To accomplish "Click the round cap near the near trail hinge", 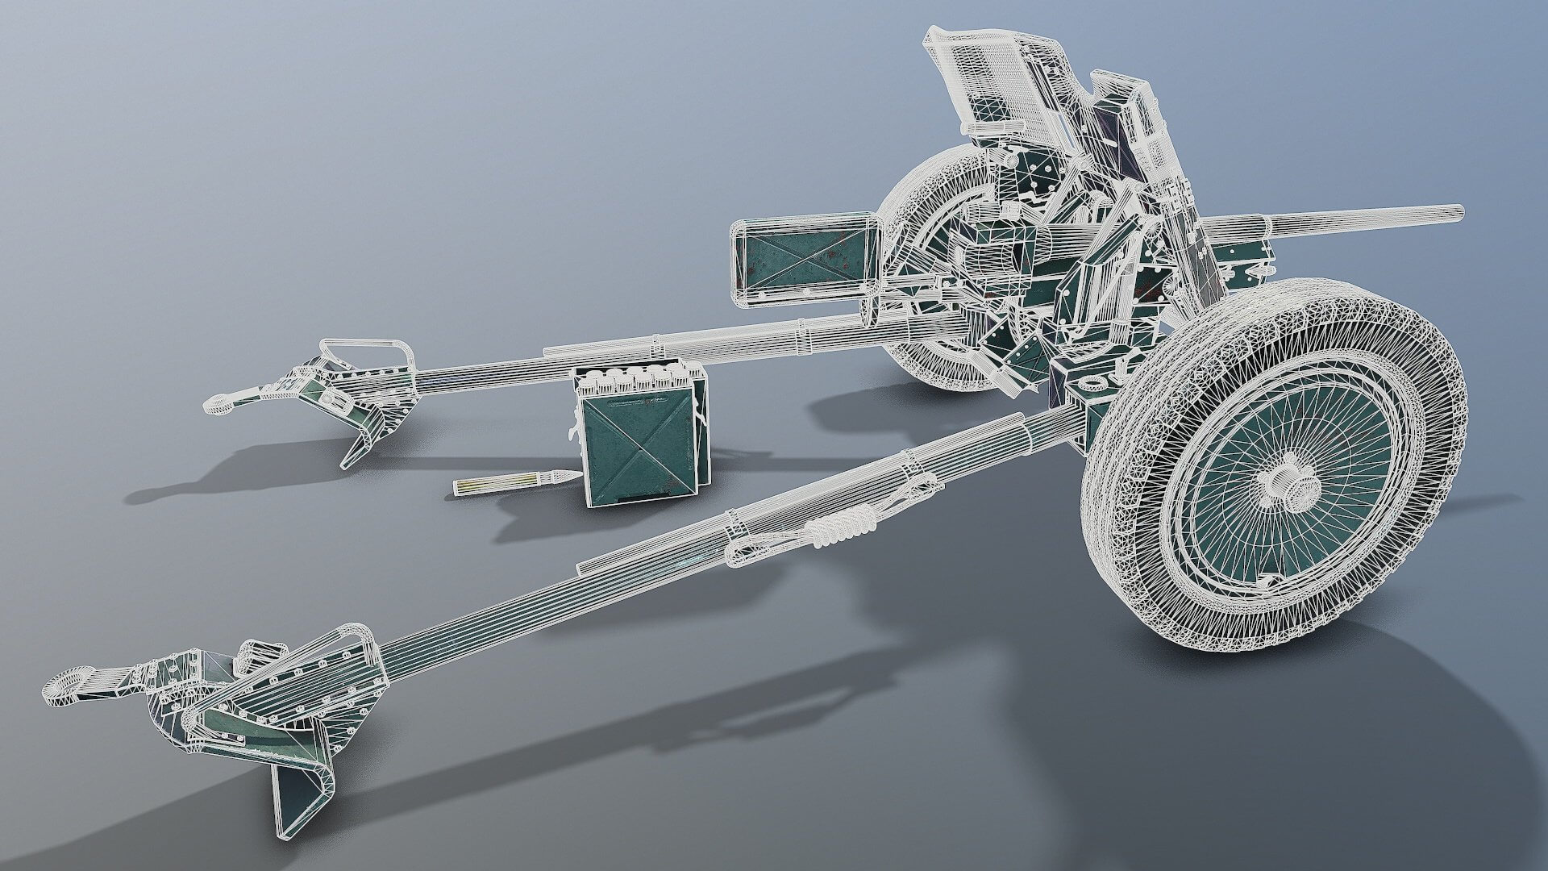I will [x=1093, y=381].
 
